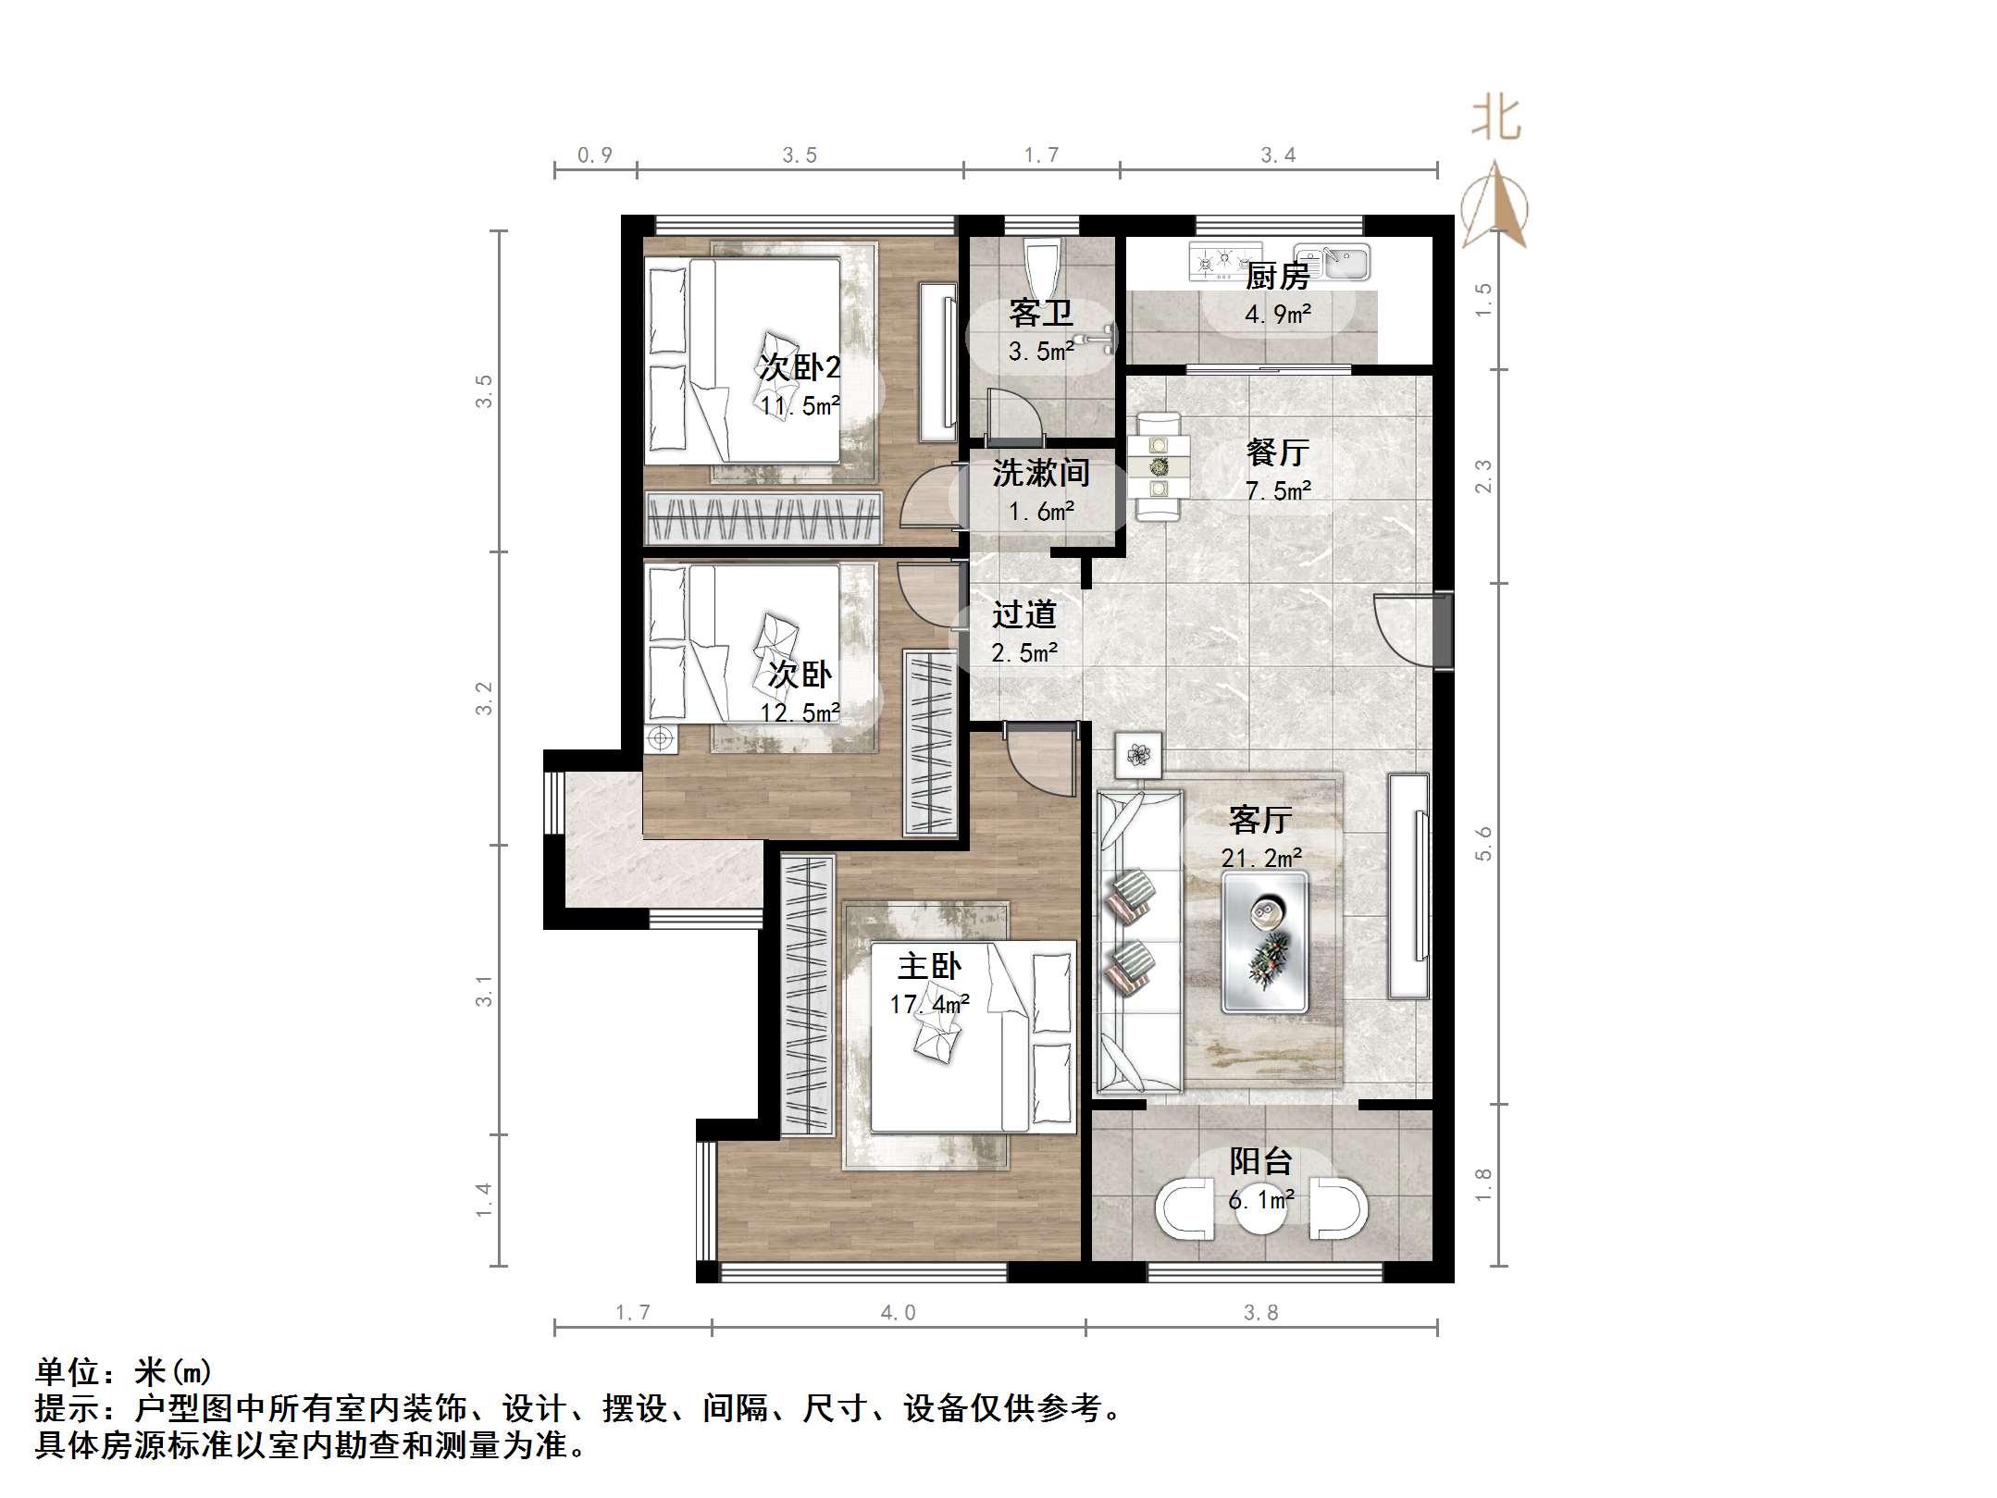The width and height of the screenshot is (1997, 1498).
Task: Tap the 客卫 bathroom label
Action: tap(1041, 314)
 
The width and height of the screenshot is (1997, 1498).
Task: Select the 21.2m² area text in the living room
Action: tap(1261, 859)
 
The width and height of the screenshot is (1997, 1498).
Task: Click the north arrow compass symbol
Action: tap(1494, 206)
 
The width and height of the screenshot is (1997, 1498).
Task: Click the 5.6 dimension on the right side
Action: tap(1483, 843)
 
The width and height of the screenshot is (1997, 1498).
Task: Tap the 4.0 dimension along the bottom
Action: tap(898, 1312)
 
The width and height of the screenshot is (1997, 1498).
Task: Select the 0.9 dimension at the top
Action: tap(594, 155)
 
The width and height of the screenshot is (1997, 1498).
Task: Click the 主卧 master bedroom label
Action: tap(929, 967)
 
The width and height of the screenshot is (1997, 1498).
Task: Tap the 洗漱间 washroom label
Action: tap(1040, 473)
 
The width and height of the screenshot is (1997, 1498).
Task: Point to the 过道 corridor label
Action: tap(1023, 614)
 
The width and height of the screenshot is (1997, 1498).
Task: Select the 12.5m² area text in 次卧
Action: tap(800, 712)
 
